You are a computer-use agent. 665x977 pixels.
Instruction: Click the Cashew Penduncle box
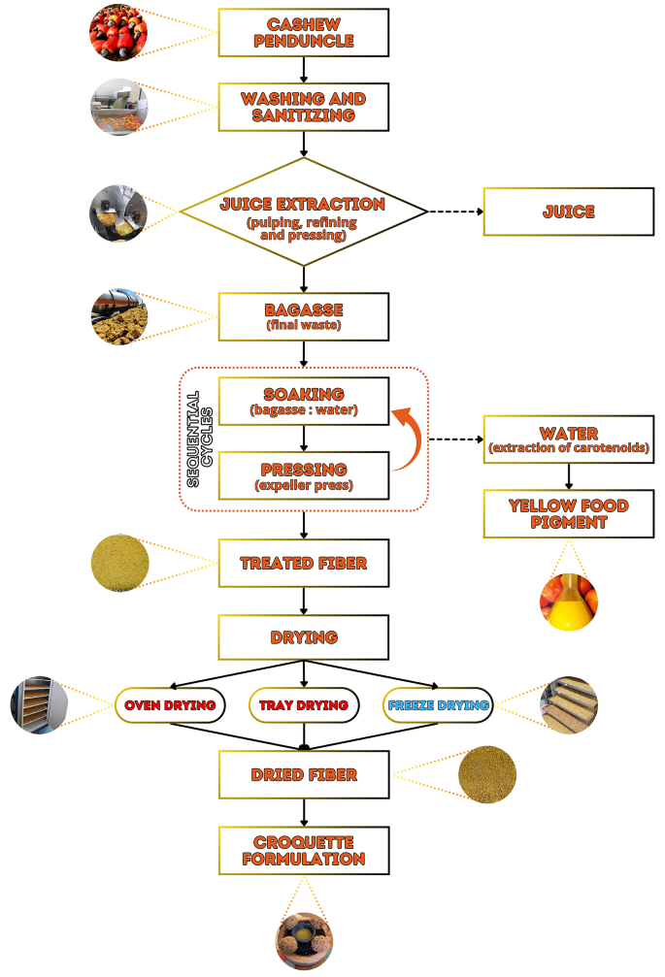304,34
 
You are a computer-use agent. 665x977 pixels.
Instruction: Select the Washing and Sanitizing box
304,108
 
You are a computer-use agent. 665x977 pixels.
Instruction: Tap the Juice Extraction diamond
304,211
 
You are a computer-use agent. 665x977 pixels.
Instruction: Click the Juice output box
568,211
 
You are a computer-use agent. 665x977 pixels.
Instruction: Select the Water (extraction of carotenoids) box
568,440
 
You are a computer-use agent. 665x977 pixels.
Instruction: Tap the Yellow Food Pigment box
568,513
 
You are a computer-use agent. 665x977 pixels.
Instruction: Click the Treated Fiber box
304,562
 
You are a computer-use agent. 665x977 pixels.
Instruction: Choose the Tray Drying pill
304,705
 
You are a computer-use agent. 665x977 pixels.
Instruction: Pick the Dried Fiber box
304,775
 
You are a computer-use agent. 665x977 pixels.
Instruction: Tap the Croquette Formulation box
304,851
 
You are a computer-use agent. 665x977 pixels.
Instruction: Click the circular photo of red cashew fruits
116,32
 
